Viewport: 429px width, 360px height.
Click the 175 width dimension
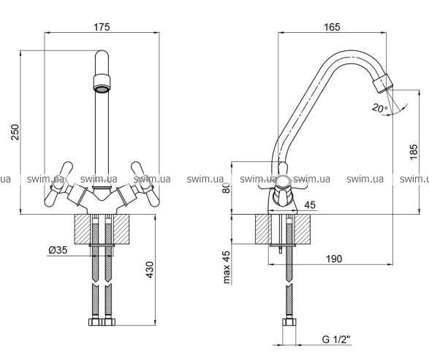click(102, 27)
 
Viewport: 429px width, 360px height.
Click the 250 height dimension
click(15, 132)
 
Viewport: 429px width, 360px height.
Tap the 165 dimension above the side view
click(332, 27)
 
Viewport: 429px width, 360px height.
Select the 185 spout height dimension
click(414, 152)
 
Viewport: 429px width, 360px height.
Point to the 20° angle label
click(379, 108)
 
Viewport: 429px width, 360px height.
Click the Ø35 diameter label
click(58, 250)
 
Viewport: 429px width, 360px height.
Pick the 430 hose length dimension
click(150, 269)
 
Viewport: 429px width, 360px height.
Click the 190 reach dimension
click(334, 258)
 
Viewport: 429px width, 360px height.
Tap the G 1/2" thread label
click(336, 340)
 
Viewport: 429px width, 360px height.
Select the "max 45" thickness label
click(227, 267)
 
